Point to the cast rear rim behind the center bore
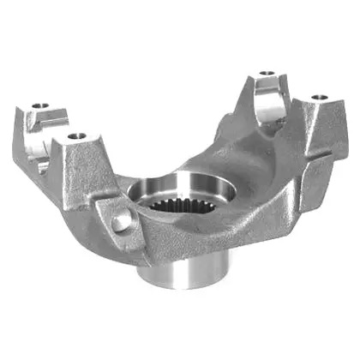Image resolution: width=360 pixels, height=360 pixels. [x=189, y=163]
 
